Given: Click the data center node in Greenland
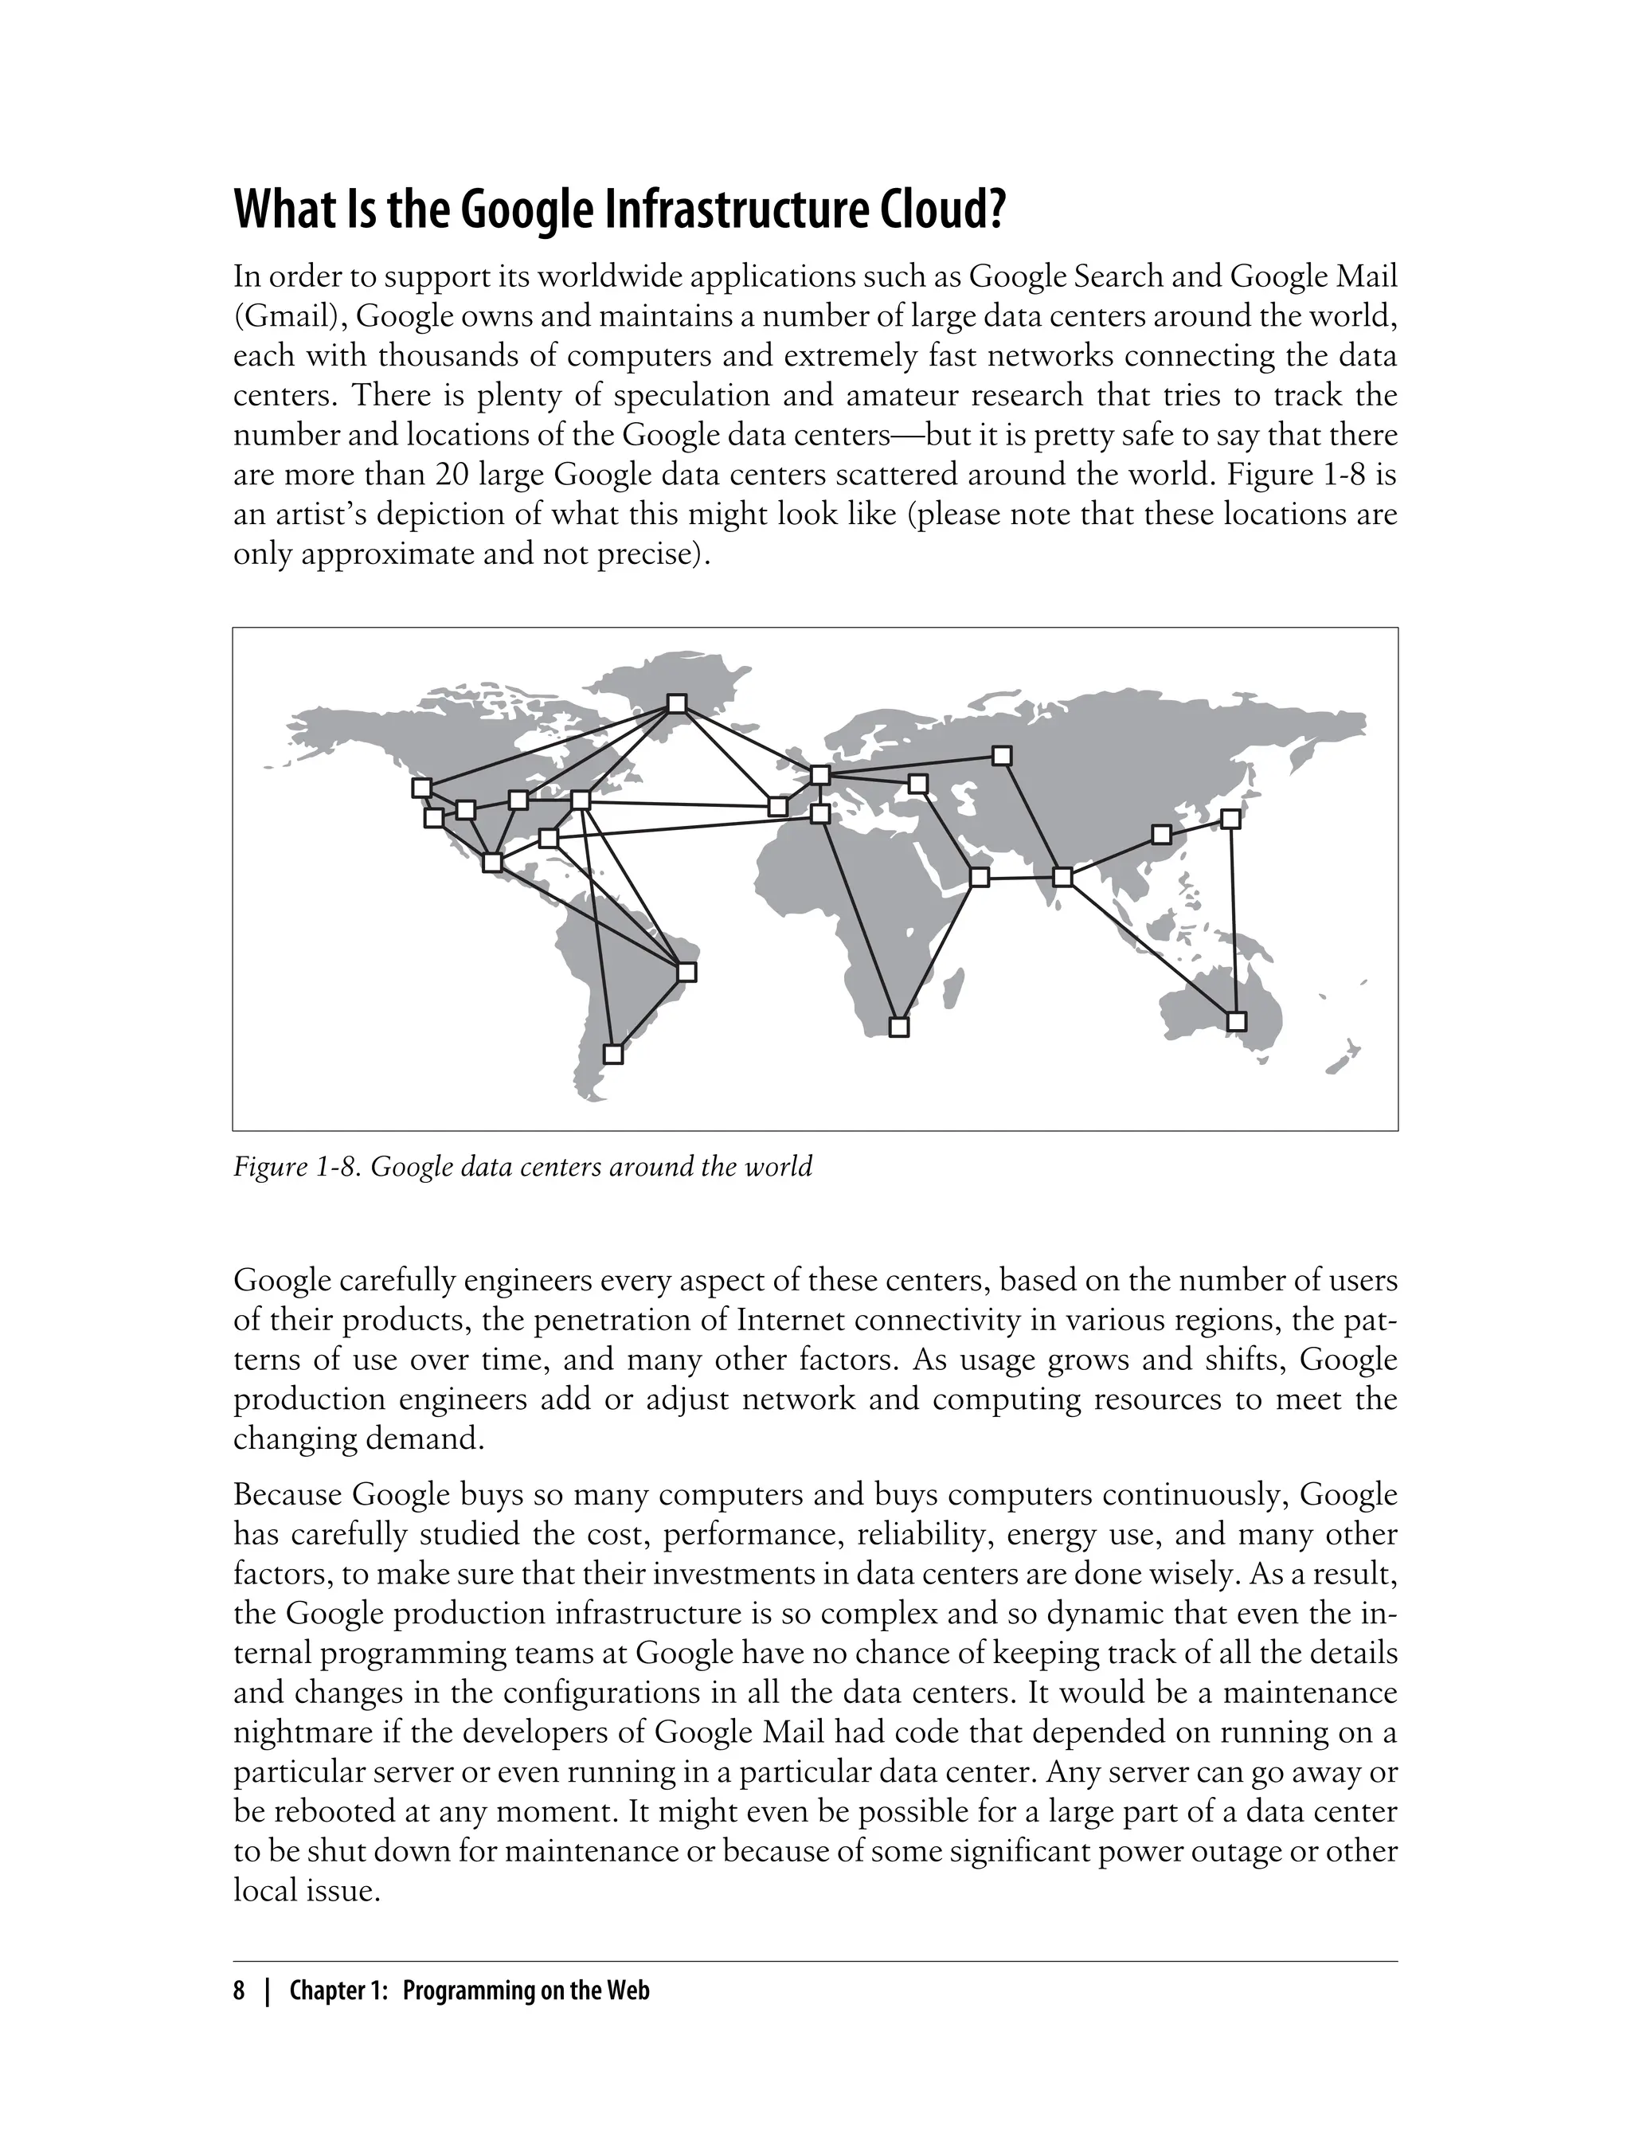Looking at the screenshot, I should point(678,703).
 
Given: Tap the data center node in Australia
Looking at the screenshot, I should point(1236,1021).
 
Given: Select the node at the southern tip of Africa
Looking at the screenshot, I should point(899,1027).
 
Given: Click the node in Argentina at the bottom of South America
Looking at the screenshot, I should point(612,1054).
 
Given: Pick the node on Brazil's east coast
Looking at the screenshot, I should point(686,971).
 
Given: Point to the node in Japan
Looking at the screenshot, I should point(1230,819).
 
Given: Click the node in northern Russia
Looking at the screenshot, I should point(1002,755).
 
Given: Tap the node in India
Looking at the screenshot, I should point(1062,877).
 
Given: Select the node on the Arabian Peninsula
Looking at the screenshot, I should point(980,878).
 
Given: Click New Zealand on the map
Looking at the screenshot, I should point(1344,1058).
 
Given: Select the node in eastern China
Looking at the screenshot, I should point(1160,834).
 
